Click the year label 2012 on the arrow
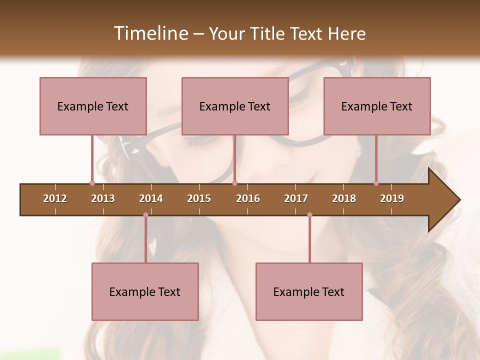55,198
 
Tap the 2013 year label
103,198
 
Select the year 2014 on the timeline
151,198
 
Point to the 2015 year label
199,198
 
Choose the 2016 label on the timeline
248,198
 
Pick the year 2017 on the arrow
296,198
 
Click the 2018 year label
344,198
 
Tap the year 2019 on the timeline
392,198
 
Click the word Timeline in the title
150,33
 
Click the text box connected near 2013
93,106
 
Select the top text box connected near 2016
235,106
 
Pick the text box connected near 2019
377,106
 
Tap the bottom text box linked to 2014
145,291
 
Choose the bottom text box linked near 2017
309,291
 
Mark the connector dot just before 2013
92,183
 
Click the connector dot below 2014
145,215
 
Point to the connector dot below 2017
309,215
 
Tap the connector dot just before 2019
376,183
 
